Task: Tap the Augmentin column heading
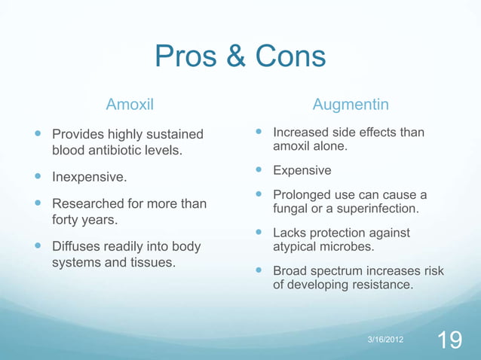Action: coord(351,102)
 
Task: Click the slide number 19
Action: coord(450,340)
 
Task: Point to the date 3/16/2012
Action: coord(384,340)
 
